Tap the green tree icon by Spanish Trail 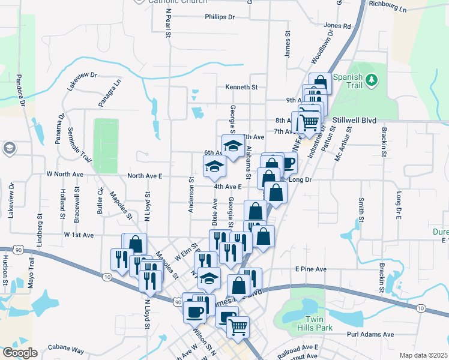coord(372,79)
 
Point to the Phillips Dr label coord(219,17)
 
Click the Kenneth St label coord(241,87)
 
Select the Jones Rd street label coord(337,26)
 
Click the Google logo coord(20,353)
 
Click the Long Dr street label coord(301,179)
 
